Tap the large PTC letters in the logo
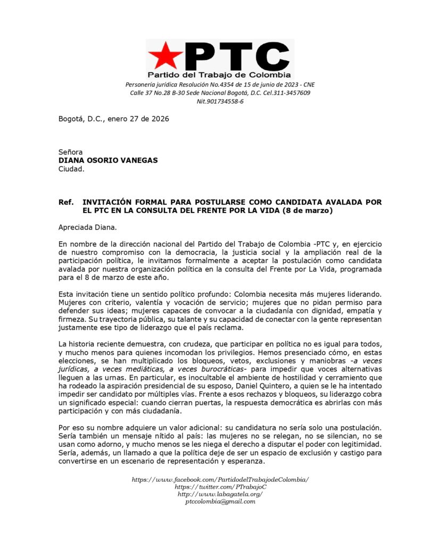pyautogui.click(x=235, y=55)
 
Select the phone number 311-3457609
pyautogui.click(x=292, y=92)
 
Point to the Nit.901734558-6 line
pyautogui.click(x=220, y=101)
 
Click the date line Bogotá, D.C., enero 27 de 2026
pyautogui.click(x=113, y=119)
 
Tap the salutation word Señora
pyautogui.click(x=70, y=152)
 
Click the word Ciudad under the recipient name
pyautogui.click(x=71, y=169)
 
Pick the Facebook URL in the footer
pyautogui.click(x=220, y=480)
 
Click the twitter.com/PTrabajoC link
pyautogui.click(x=220, y=487)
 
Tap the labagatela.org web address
pyautogui.click(x=220, y=494)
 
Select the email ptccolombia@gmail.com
pyautogui.click(x=220, y=501)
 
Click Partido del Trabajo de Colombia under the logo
pyautogui.click(x=219, y=75)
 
